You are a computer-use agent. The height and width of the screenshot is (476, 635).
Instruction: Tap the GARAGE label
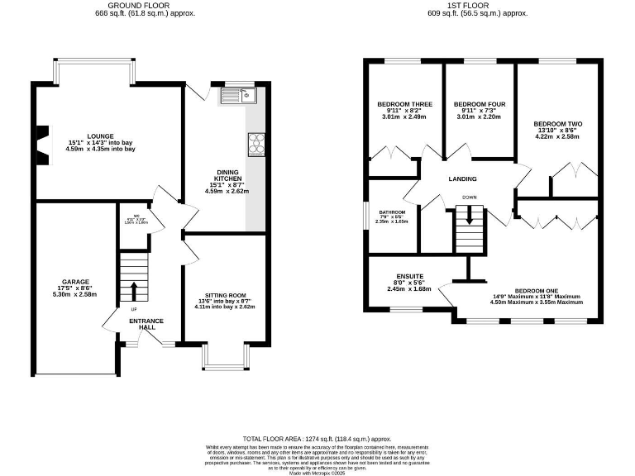pyautogui.click(x=75, y=282)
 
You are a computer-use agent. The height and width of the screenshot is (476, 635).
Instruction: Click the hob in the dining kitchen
pyautogui.click(x=256, y=144)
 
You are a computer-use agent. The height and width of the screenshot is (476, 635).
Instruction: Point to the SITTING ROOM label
pyautogui.click(x=226, y=295)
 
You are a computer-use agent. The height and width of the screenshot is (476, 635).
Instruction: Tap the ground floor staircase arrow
pyautogui.click(x=132, y=292)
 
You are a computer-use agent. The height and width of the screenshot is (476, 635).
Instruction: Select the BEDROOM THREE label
pyautogui.click(x=405, y=104)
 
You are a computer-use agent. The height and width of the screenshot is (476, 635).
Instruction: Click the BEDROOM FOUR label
pyautogui.click(x=480, y=104)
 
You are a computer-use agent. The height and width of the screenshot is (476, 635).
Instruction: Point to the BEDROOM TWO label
pyautogui.click(x=561, y=124)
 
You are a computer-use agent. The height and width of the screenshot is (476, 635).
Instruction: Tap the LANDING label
pyautogui.click(x=463, y=178)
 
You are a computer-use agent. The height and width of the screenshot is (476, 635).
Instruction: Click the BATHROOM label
pyautogui.click(x=392, y=212)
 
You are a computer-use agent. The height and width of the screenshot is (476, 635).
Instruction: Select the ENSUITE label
pyautogui.click(x=410, y=277)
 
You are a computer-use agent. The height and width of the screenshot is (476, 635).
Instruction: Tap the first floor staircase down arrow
pyautogui.click(x=470, y=217)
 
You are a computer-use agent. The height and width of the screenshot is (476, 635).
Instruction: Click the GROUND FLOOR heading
pyautogui.click(x=133, y=6)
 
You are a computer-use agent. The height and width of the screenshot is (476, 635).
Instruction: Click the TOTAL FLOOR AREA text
pyautogui.click(x=317, y=439)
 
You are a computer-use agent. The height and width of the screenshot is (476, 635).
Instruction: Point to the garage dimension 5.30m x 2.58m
pyautogui.click(x=76, y=295)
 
